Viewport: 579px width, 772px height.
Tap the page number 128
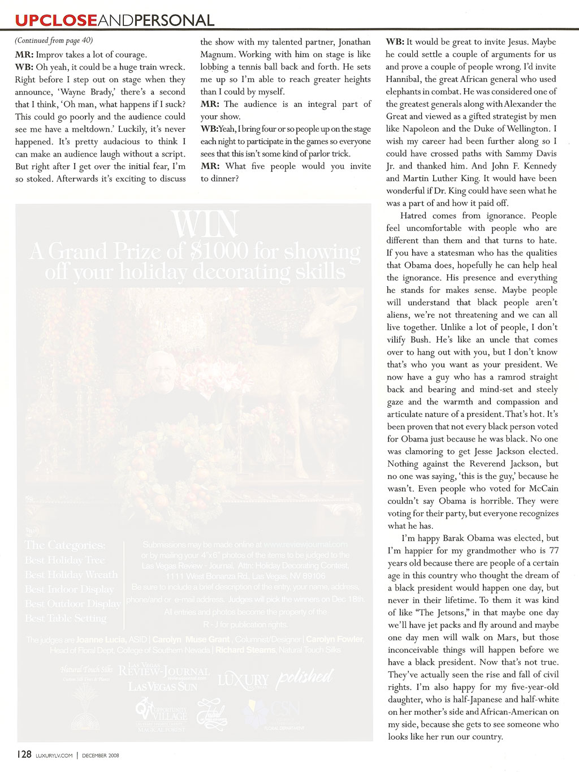(x=23, y=754)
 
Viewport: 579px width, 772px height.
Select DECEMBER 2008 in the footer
(x=100, y=755)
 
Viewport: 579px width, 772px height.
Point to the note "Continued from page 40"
(x=54, y=41)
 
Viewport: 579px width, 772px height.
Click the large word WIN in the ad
(x=205, y=225)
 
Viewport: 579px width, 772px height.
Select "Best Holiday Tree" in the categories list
(x=64, y=560)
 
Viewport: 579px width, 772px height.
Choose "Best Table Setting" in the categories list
(x=66, y=618)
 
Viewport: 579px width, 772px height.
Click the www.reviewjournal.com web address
(x=305, y=545)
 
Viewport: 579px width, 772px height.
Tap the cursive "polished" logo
(x=304, y=678)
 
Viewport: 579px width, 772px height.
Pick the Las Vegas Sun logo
(x=163, y=686)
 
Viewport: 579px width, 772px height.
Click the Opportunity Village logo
(x=162, y=714)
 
